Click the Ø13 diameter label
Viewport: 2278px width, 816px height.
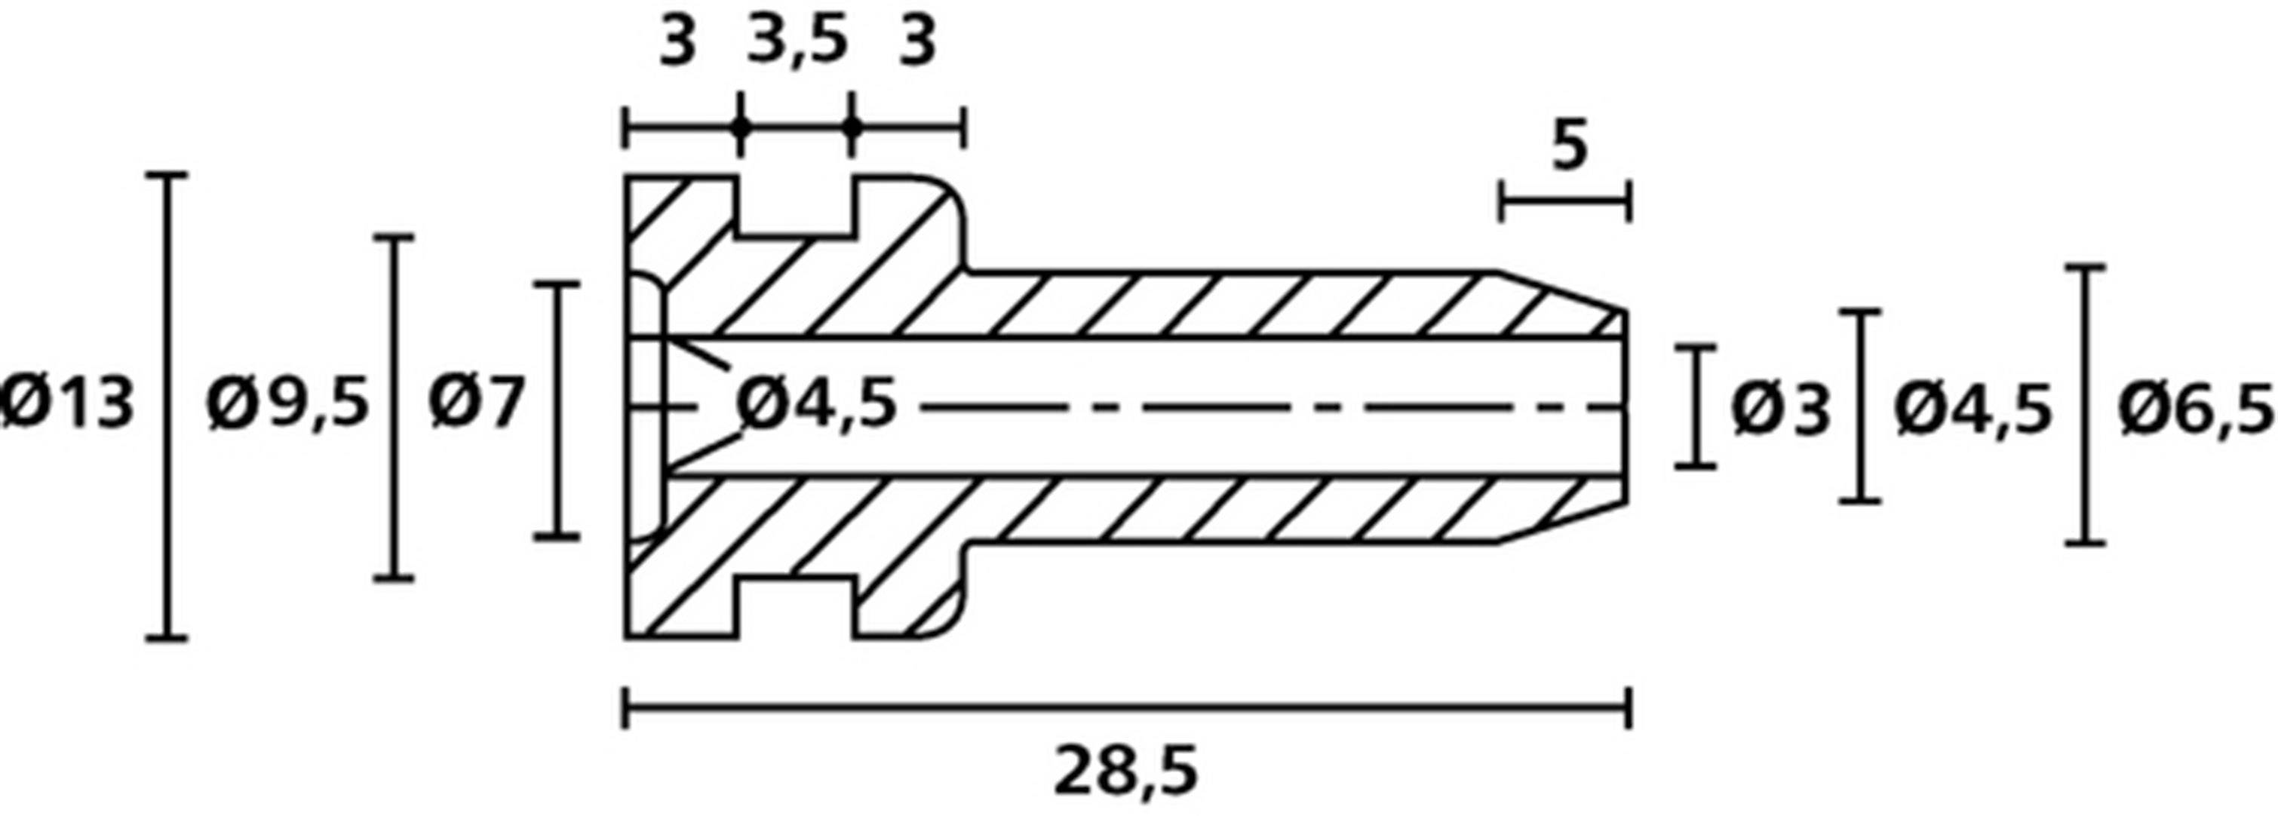(x=67, y=404)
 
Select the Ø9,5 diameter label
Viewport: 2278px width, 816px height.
(x=287, y=404)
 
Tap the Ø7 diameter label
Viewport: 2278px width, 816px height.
(x=477, y=404)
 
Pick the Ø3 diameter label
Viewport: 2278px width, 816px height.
(x=1780, y=410)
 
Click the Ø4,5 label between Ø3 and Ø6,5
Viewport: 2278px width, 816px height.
(x=1972, y=410)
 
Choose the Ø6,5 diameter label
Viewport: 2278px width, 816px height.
(x=2195, y=410)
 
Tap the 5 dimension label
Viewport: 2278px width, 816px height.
(x=1570, y=147)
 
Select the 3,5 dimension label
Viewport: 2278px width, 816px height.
(x=797, y=41)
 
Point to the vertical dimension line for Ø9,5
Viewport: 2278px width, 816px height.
(x=395, y=407)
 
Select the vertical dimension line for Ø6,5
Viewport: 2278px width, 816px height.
(x=2085, y=404)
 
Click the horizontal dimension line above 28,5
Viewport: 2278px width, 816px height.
(x=1128, y=707)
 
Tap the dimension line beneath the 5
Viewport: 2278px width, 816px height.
(x=1565, y=201)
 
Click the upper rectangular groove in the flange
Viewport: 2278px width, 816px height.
(x=796, y=207)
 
